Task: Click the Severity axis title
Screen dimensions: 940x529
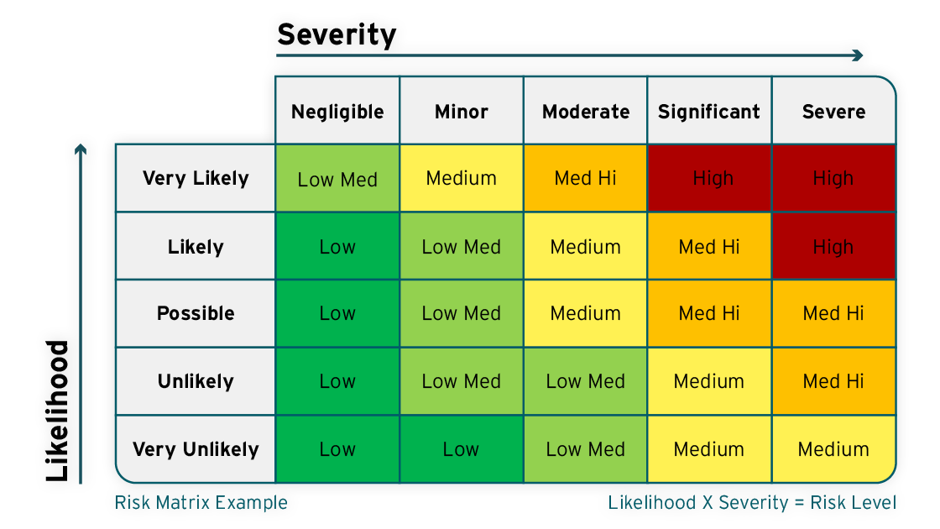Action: click(x=337, y=34)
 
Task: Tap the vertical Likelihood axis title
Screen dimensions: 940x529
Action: click(x=58, y=411)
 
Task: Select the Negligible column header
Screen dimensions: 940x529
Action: click(x=337, y=111)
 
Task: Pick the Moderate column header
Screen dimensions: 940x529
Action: click(x=586, y=111)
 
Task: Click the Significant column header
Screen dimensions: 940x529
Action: click(x=709, y=111)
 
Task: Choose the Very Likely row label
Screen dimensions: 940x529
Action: click(x=196, y=178)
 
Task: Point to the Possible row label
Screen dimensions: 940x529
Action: click(x=196, y=313)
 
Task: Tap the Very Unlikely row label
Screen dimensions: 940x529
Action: click(x=196, y=449)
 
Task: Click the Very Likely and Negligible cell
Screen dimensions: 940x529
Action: click(x=337, y=178)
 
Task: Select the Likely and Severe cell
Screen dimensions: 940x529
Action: click(x=833, y=247)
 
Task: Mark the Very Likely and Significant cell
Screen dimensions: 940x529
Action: click(x=709, y=178)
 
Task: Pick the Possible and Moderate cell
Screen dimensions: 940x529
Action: click(x=586, y=313)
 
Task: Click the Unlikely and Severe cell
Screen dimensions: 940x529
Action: click(x=833, y=381)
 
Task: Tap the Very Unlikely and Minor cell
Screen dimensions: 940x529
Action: click(x=461, y=449)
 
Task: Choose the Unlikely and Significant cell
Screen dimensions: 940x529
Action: click(x=709, y=381)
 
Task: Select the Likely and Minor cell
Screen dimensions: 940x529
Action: click(x=461, y=247)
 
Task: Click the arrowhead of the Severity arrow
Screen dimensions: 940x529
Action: click(x=858, y=55)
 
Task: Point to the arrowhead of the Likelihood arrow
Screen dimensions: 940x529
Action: click(x=81, y=149)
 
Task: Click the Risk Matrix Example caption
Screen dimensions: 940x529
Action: click(x=201, y=503)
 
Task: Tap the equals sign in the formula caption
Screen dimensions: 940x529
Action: click(x=798, y=503)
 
